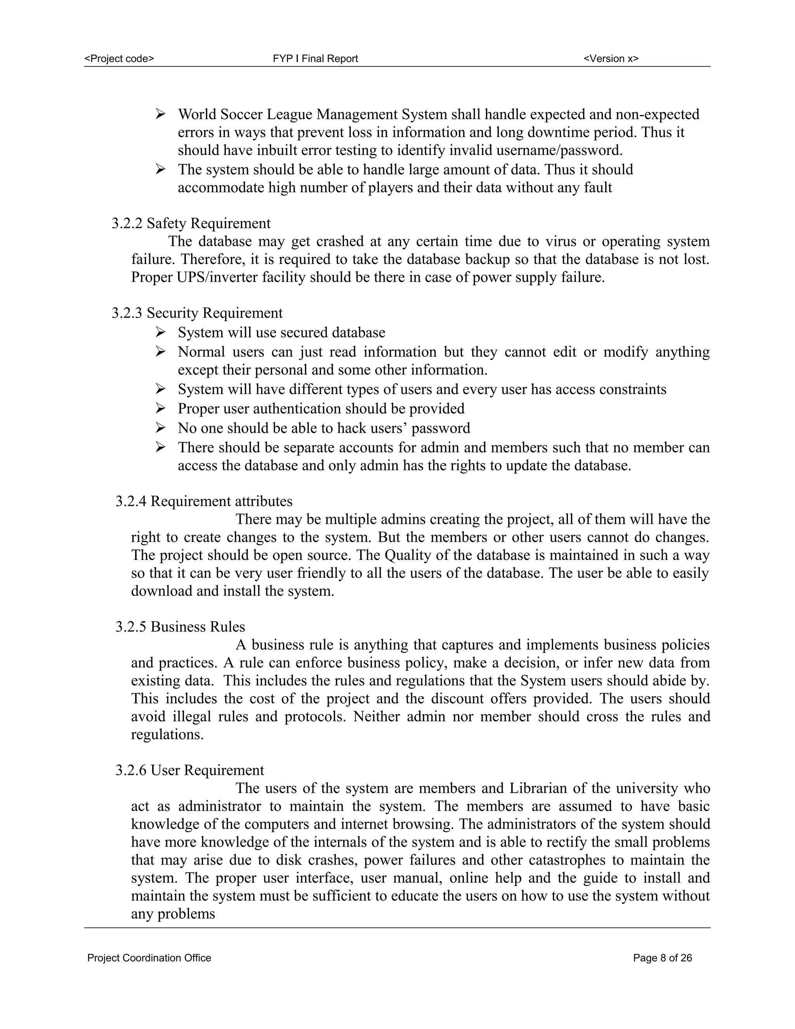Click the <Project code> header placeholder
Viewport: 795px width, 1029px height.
[119, 58]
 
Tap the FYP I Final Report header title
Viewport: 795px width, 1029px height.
[315, 58]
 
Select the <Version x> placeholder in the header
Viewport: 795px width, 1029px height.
[611, 58]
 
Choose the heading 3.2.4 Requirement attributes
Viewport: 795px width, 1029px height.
[204, 501]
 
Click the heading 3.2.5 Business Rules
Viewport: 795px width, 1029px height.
[181, 627]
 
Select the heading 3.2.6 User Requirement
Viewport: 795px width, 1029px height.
[190, 770]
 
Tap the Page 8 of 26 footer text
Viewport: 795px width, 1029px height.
[662, 958]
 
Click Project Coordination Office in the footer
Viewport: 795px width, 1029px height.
[149, 958]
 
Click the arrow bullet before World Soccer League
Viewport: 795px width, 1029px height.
[160, 114]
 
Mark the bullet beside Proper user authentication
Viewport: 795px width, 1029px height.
[160, 408]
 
